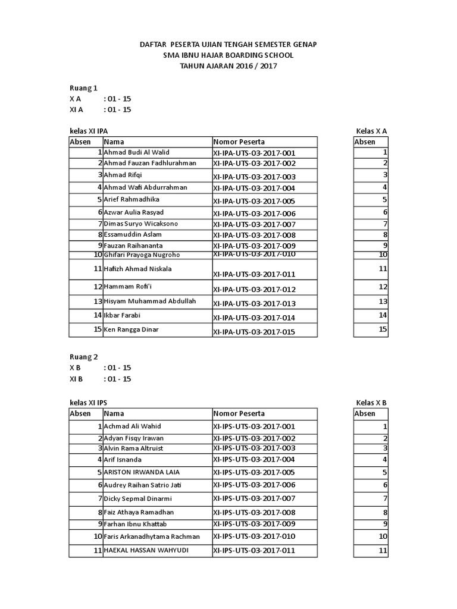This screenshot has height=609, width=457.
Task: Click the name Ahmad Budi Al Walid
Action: click(x=137, y=152)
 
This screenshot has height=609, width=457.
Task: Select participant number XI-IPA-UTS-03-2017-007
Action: click(x=254, y=224)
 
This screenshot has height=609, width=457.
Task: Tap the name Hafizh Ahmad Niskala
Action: click(x=137, y=269)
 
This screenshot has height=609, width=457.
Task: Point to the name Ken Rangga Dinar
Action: click(x=132, y=329)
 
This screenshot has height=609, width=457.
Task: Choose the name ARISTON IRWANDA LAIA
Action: click(x=142, y=472)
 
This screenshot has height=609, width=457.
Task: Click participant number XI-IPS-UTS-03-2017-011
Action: click(x=254, y=551)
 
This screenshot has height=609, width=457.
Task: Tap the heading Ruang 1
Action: click(x=84, y=87)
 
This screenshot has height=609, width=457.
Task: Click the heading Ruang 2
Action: click(x=84, y=357)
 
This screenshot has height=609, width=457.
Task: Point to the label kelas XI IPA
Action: click(x=89, y=130)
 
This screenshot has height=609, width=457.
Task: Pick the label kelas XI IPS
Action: click(x=89, y=403)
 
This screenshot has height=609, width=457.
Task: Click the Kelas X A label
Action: click(x=371, y=130)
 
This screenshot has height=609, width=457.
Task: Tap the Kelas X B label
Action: click(x=371, y=403)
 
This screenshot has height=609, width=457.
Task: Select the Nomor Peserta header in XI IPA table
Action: click(x=239, y=142)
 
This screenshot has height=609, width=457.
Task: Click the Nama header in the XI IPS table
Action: click(x=114, y=413)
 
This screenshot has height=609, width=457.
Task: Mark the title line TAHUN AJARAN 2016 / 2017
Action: click(x=228, y=66)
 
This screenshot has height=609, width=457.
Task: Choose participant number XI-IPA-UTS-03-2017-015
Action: click(x=254, y=332)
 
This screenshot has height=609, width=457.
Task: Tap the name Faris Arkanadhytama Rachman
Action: click(x=152, y=536)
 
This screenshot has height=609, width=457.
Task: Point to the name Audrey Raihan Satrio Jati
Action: click(x=142, y=485)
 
